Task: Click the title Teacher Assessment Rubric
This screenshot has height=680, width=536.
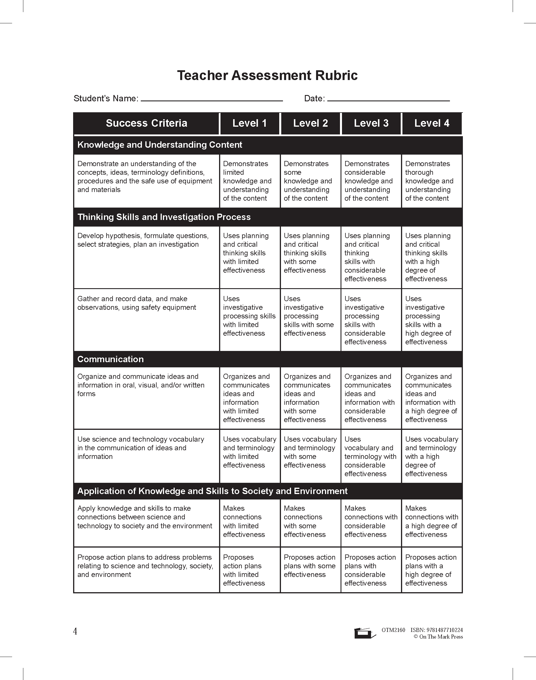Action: (x=267, y=76)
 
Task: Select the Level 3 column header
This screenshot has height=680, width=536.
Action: (x=371, y=123)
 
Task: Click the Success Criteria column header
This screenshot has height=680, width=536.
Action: (x=146, y=123)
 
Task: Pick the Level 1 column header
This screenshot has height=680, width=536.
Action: (x=250, y=123)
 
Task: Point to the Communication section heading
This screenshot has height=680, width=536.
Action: (x=111, y=359)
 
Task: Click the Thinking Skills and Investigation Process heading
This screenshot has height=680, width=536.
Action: (x=164, y=217)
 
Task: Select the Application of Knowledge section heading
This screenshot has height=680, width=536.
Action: (x=212, y=491)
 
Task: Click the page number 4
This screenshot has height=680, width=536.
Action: (x=75, y=631)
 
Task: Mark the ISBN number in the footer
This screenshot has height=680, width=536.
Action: (x=436, y=630)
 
